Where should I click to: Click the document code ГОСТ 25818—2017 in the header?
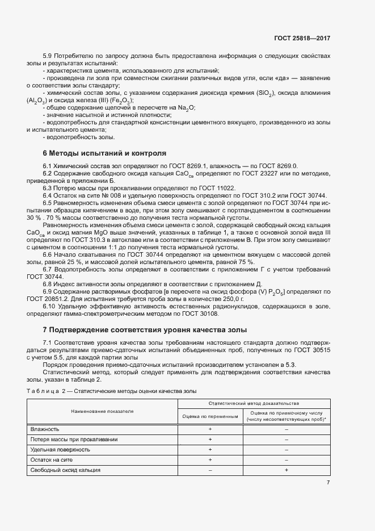301,39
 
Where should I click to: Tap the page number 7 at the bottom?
328,483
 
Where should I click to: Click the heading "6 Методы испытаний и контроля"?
104,153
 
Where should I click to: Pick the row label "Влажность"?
45,429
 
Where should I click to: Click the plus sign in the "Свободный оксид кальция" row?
286,470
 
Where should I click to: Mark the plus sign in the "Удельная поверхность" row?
210,450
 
